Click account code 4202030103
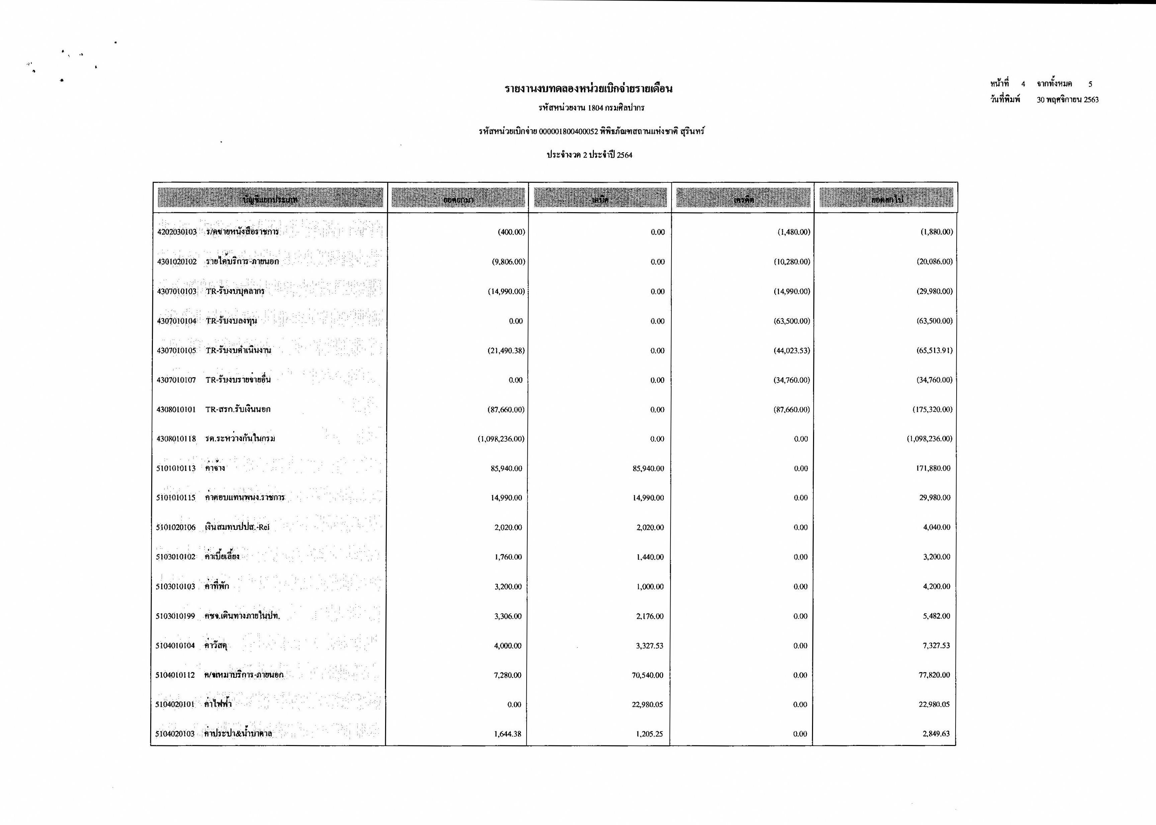point(177,232)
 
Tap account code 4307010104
point(176,321)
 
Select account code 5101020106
point(176,527)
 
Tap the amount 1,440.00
point(650,557)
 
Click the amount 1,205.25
point(649,734)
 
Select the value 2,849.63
point(936,734)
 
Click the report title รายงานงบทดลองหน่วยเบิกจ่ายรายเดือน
point(588,89)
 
